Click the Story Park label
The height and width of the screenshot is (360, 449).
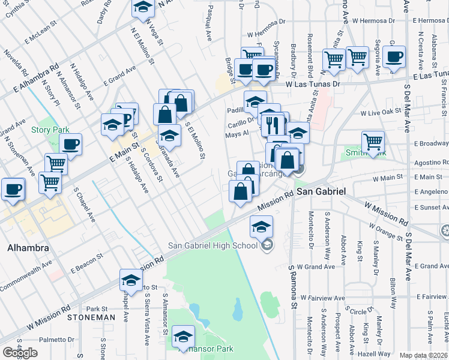pyautogui.click(x=50, y=130)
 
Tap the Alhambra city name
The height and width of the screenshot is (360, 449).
pyautogui.click(x=23, y=248)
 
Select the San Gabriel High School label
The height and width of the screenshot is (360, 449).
pyautogui.click(x=213, y=244)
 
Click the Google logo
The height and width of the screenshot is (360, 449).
pyautogui.click(x=20, y=353)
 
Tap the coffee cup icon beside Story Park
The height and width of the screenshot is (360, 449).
pyautogui.click(x=71, y=144)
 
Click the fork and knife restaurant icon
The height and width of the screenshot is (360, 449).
pyautogui.click(x=272, y=124)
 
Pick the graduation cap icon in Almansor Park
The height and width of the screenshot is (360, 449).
pyautogui.click(x=183, y=337)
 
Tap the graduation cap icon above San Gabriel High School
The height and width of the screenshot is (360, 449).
pyautogui.click(x=261, y=226)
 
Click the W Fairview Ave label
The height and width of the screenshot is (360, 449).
pyautogui.click(x=323, y=298)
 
